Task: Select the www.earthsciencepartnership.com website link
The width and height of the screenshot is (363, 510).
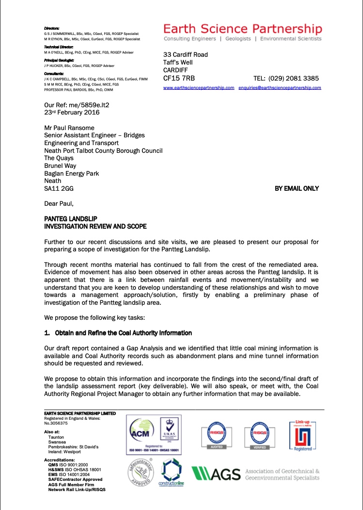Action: click(199, 88)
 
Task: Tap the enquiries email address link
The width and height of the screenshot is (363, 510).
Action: click(280, 88)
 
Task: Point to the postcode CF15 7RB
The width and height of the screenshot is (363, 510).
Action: click(179, 78)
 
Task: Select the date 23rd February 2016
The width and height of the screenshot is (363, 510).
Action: click(72, 112)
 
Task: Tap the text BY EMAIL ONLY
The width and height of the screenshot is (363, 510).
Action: click(297, 188)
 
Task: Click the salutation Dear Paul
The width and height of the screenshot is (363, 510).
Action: click(59, 204)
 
